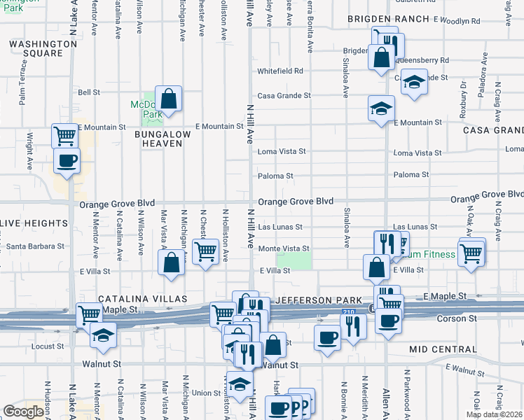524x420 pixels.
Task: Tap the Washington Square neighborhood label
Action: pos(43,48)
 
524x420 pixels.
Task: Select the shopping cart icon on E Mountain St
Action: pos(64,134)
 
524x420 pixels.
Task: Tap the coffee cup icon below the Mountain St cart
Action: pos(67,160)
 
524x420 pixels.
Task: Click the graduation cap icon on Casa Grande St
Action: pos(414,83)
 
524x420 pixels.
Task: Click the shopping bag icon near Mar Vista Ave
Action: pos(172,263)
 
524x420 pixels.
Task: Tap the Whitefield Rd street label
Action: pos(280,71)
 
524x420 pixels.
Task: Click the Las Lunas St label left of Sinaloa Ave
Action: pos(280,227)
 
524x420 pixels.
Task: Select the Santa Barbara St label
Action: pos(35,246)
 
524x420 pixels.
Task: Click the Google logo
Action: pos(23,411)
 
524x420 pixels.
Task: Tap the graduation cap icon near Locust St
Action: pos(103,334)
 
